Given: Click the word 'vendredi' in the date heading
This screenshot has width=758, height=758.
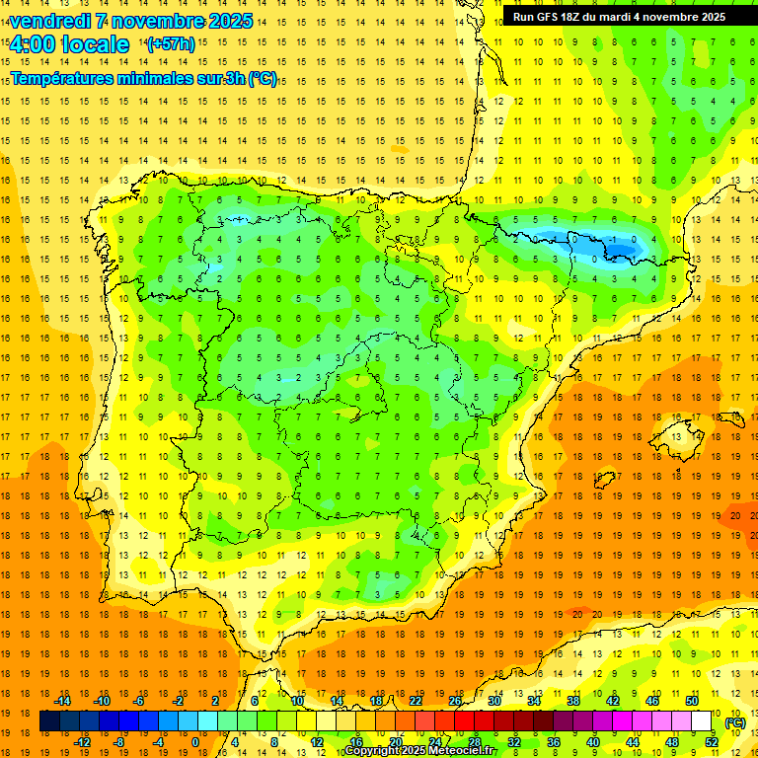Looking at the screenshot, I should pos(51,21).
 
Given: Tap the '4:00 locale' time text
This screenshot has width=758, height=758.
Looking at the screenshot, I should pos(69,44).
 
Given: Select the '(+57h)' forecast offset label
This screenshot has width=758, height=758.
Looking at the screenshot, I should pos(171,44).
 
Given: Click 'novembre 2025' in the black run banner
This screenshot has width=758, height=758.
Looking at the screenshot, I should pos(681,17).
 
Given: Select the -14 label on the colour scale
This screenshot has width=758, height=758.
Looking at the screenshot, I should pos(62,701).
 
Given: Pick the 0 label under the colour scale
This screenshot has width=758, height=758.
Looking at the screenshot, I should pos(195,742).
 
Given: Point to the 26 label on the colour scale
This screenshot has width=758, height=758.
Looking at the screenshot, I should pos(455,701).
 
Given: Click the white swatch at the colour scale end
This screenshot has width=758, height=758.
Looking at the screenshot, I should pos(702,721).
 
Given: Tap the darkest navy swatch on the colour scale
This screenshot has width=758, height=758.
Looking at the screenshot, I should pos(49,721).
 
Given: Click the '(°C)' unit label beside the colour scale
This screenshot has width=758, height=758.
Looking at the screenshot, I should pos(735,721).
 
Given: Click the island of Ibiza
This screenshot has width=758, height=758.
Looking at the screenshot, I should pos(604,481).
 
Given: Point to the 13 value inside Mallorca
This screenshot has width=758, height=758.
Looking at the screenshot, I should pos(676,436).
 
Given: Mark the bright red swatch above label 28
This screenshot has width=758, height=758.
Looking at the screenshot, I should pos(474,721).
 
